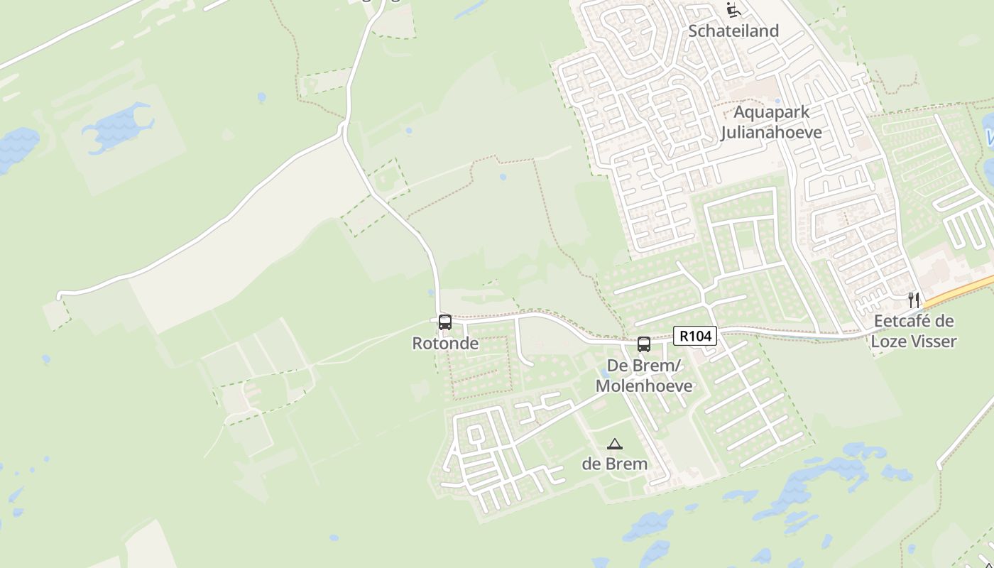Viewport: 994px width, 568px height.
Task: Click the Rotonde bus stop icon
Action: click(x=445, y=322)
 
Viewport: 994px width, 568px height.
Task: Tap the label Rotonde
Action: click(x=445, y=344)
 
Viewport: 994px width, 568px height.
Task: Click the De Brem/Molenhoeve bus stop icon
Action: click(x=644, y=344)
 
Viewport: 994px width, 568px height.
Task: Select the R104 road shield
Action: click(x=694, y=336)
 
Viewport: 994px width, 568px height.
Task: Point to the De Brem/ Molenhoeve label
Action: click(x=643, y=376)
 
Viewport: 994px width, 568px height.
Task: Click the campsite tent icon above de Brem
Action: click(x=615, y=444)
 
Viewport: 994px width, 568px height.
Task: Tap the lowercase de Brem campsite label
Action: click(x=615, y=464)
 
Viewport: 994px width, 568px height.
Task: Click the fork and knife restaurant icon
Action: click(x=914, y=300)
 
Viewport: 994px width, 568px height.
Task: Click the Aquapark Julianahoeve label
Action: click(x=771, y=122)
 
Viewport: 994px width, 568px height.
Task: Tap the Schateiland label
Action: click(x=733, y=31)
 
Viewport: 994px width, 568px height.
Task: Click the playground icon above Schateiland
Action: click(x=733, y=10)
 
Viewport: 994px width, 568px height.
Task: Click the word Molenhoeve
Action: click(x=643, y=386)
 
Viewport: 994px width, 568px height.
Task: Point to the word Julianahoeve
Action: click(x=771, y=133)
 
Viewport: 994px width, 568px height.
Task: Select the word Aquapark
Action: click(x=771, y=112)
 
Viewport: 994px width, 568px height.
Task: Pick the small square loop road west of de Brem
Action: click(x=475, y=434)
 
